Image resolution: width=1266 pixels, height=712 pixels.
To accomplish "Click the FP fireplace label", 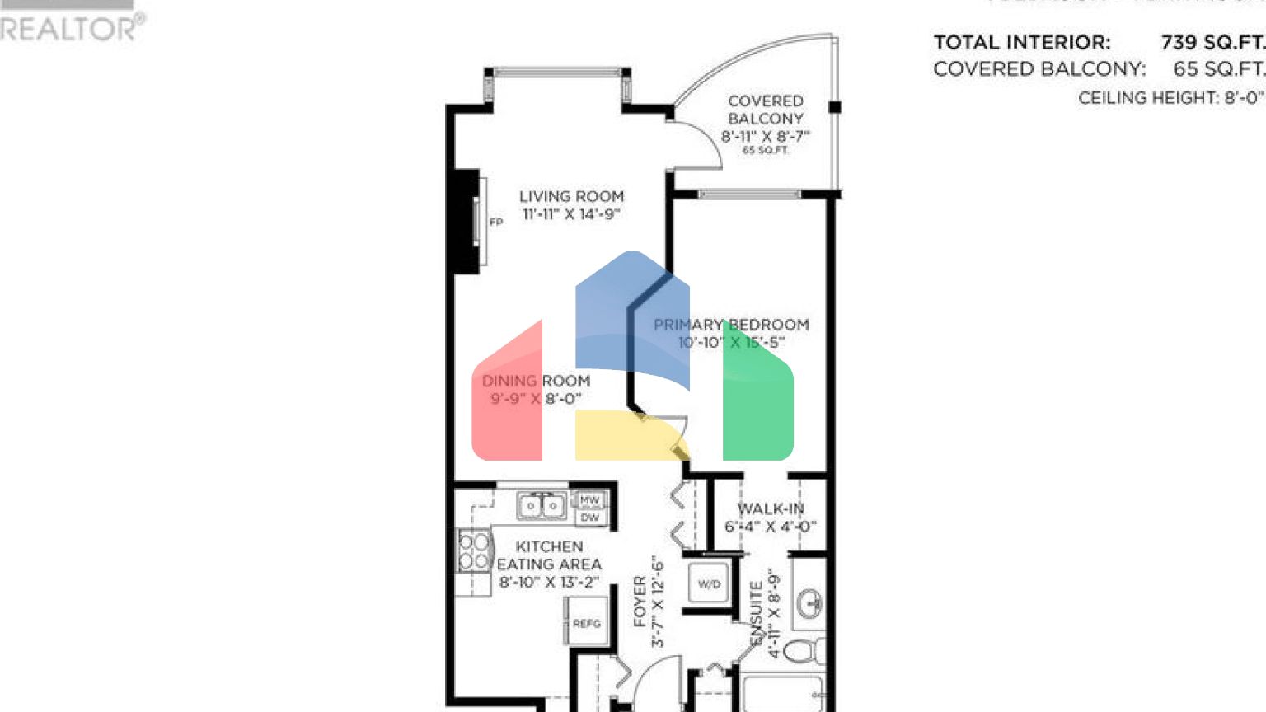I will click(496, 222).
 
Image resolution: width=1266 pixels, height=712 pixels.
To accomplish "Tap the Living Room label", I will click(571, 197).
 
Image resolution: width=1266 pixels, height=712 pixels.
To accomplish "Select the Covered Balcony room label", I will click(765, 110).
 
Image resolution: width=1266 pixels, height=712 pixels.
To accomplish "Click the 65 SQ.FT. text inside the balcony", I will click(765, 151).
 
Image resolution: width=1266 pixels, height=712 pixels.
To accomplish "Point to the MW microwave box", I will click(589, 500).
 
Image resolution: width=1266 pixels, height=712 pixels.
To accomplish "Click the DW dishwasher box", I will click(589, 518).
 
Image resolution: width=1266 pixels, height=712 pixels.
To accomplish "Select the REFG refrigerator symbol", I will click(586, 624).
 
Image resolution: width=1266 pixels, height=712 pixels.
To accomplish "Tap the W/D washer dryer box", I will click(709, 584).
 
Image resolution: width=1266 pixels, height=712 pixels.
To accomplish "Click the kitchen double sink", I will click(542, 505).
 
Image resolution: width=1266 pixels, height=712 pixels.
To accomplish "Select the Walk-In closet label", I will click(770, 509).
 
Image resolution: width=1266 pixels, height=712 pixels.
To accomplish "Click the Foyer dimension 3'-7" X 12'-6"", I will click(657, 602).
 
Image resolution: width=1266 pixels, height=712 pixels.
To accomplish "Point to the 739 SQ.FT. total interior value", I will click(1212, 43).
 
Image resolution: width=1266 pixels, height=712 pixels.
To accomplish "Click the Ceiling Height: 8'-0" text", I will click(1170, 98).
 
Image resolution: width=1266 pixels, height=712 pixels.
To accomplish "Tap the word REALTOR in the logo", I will click(69, 30).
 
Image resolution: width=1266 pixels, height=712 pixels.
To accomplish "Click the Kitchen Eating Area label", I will click(549, 555).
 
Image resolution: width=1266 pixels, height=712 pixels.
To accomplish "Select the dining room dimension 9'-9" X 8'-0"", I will click(536, 399).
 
